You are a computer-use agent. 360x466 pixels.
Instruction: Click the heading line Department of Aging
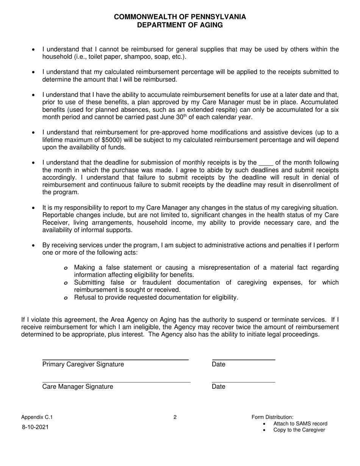180,25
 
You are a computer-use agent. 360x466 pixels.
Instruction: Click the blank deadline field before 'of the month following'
266,163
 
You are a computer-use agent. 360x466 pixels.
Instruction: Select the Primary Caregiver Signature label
83,364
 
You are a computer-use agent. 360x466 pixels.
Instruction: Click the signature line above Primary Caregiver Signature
115,359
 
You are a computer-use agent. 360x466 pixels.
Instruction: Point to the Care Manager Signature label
78,387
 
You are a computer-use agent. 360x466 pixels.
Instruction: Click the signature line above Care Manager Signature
116,382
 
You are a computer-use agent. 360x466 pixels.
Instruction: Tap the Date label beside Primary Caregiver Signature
219,364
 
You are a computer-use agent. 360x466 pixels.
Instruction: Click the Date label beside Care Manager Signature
219,387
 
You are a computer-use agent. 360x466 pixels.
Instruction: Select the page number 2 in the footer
175,418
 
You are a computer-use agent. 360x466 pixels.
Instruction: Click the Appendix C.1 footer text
37,418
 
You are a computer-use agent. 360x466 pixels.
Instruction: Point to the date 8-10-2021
35,427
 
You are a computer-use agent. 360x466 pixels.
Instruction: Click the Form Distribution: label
272,417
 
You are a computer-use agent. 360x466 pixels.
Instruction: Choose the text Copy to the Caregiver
299,430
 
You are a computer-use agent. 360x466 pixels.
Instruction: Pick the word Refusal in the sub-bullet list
85,297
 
